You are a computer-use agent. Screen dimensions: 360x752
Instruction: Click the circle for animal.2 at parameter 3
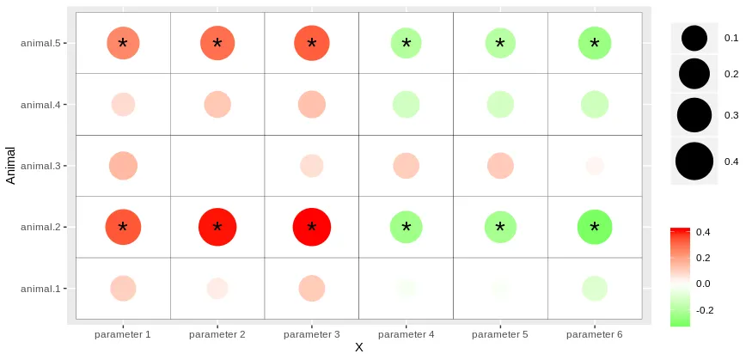[x=311, y=228]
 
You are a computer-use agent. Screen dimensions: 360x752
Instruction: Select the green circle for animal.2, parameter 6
[x=595, y=228]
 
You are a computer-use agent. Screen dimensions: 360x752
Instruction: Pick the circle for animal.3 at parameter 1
[x=123, y=166]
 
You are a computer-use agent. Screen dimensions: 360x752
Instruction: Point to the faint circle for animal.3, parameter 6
[x=595, y=166]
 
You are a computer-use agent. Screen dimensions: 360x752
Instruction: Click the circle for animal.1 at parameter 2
[x=217, y=289]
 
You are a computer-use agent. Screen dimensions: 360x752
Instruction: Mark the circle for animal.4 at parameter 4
[x=406, y=105]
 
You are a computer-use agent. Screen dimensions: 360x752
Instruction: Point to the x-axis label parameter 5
[x=500, y=333]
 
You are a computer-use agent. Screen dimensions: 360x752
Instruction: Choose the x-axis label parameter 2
[x=217, y=333]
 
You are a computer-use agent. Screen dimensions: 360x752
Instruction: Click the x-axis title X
[x=359, y=348]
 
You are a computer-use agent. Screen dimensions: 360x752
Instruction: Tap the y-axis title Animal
[x=11, y=166]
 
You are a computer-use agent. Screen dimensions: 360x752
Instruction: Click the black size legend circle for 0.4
[x=694, y=162]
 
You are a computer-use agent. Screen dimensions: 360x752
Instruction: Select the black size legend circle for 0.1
[x=694, y=38]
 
